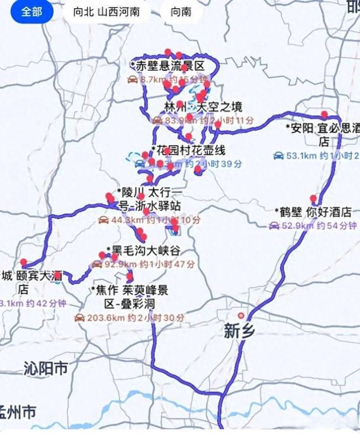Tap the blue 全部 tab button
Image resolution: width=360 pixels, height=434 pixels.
[x=32, y=11]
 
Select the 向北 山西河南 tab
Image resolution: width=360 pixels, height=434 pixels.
[x=107, y=11]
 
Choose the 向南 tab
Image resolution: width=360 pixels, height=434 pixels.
[x=181, y=11]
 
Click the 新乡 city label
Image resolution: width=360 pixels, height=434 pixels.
[x=239, y=331]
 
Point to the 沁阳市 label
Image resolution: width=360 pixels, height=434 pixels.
[x=46, y=369]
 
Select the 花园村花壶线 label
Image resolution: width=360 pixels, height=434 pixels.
[x=189, y=150]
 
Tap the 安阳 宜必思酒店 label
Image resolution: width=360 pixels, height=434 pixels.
[x=323, y=134]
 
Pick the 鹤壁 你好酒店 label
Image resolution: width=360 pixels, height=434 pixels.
[x=314, y=212]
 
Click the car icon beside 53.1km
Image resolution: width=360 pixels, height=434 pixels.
[x=278, y=156]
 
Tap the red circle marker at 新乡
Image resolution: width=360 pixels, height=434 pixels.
[x=241, y=315]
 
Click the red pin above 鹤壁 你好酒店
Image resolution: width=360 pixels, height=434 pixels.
[x=313, y=198]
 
